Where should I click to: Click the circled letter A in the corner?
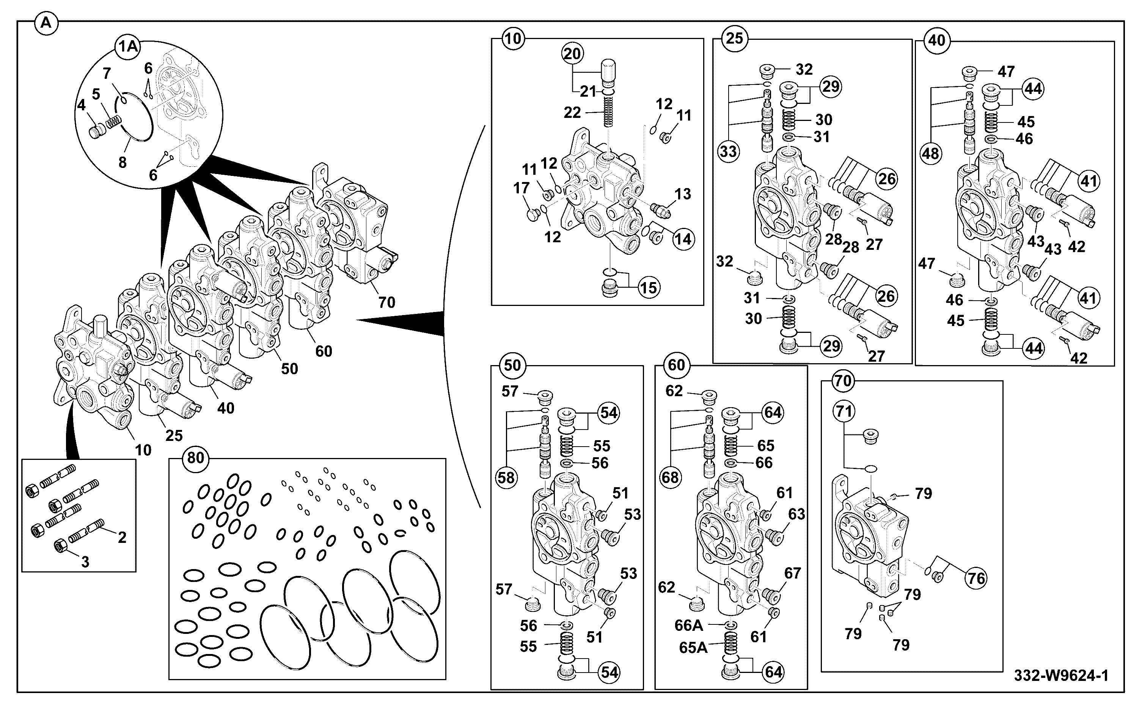(x=46, y=23)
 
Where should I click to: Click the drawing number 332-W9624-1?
(x=1061, y=676)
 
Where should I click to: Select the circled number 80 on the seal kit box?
(x=196, y=458)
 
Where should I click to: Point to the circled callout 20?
(x=572, y=54)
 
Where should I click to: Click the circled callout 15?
(x=648, y=288)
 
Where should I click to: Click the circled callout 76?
(x=976, y=578)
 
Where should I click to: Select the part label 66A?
(x=688, y=626)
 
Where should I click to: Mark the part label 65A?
(x=693, y=647)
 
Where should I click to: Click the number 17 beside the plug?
(x=522, y=188)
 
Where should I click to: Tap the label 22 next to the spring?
(x=572, y=112)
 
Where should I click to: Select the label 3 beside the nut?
(x=85, y=562)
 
